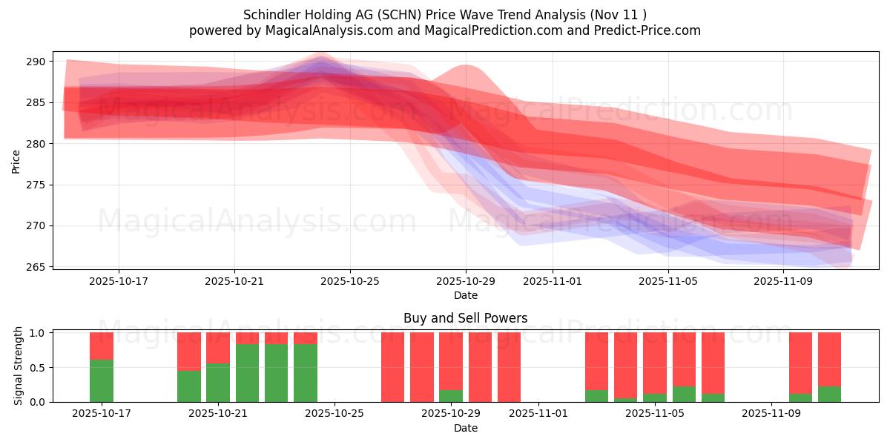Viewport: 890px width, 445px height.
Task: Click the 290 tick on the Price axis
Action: point(38,62)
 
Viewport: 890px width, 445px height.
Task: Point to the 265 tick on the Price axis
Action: point(38,267)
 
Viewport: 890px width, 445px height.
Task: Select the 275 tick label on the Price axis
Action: point(38,185)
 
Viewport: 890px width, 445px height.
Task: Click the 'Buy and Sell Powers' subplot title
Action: point(465,318)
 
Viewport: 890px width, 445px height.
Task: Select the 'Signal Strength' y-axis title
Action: point(19,367)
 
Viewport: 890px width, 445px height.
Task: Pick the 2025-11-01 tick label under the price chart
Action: point(553,282)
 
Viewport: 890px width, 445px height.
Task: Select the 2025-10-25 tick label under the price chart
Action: point(350,282)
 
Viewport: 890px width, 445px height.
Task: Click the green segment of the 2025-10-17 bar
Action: point(102,381)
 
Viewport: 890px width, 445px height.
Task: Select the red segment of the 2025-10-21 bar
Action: point(218,347)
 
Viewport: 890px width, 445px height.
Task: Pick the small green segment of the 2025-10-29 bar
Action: point(450,396)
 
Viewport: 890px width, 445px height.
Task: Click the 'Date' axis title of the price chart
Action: point(465,295)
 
